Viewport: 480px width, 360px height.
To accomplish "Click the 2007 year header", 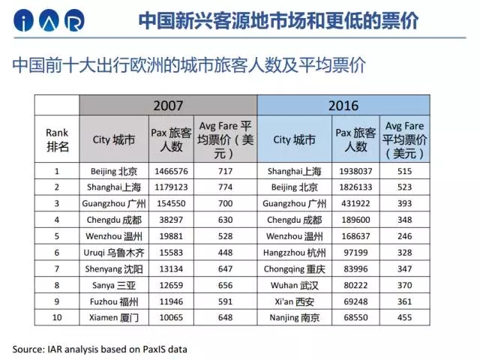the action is (x=168, y=106).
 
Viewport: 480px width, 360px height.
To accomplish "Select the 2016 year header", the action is (x=343, y=106).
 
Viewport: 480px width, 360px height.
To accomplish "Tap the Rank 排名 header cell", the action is (x=57, y=139).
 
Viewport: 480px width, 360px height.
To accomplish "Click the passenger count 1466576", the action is (x=171, y=171).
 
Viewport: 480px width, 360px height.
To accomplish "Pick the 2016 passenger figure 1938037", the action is (x=355, y=171).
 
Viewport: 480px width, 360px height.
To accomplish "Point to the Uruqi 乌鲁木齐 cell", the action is (x=114, y=253).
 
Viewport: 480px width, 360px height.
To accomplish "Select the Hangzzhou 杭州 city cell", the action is (x=295, y=253).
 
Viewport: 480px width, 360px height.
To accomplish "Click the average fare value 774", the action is (x=225, y=187).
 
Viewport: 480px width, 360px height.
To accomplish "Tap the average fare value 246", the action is (x=405, y=236).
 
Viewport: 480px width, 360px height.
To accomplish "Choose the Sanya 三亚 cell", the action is (x=114, y=285).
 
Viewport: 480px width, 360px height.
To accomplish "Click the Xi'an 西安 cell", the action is (x=295, y=301).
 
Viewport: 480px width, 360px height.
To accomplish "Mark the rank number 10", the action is (x=57, y=317).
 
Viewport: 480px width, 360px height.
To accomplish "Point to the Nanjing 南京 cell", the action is (x=295, y=318).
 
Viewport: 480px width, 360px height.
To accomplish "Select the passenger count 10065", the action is (x=171, y=317).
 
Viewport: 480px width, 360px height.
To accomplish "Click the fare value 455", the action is (x=405, y=317).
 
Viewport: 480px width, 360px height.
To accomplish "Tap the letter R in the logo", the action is (x=74, y=20).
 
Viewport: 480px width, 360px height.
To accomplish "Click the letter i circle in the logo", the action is (x=23, y=20).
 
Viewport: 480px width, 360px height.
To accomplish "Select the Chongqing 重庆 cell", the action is (x=295, y=268).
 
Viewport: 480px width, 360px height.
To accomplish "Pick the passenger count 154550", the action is (x=171, y=203).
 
